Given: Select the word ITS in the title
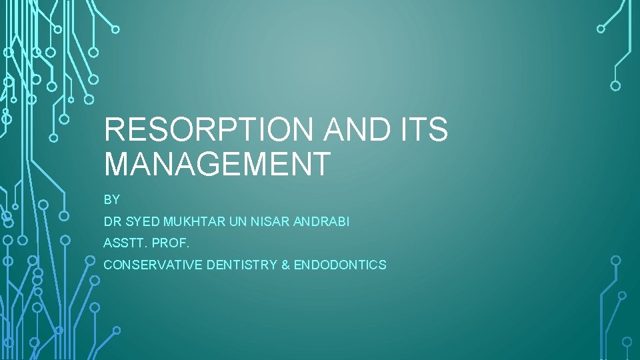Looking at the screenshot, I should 422,129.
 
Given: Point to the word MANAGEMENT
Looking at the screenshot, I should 217,164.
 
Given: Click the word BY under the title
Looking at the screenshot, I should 111,199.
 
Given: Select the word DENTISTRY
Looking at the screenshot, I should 242,265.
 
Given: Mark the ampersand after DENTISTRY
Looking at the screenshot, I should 285,265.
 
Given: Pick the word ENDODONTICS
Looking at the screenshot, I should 340,265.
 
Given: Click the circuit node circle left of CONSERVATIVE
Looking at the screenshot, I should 91,260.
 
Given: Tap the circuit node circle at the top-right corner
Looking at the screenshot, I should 601,29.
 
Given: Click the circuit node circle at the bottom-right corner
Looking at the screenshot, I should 627,341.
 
